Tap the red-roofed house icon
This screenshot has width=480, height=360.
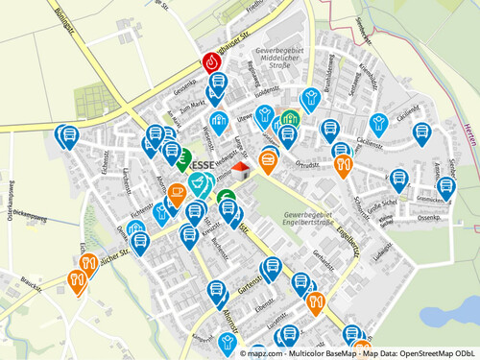[240, 170]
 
